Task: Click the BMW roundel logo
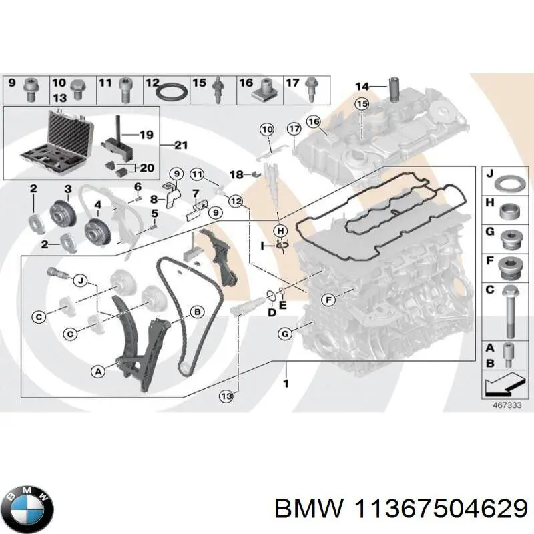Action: click(x=27, y=497)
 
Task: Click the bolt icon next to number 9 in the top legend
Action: click(x=30, y=89)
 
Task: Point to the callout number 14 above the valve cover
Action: click(x=361, y=86)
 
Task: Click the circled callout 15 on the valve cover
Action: click(x=361, y=104)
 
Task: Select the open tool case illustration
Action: click(x=57, y=144)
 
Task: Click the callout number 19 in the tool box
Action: click(x=146, y=135)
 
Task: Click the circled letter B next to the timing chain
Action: click(x=197, y=311)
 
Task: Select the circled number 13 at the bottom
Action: click(x=226, y=396)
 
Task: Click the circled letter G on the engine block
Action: click(x=285, y=334)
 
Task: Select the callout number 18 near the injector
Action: click(x=234, y=174)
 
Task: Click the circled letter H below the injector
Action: click(x=282, y=230)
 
